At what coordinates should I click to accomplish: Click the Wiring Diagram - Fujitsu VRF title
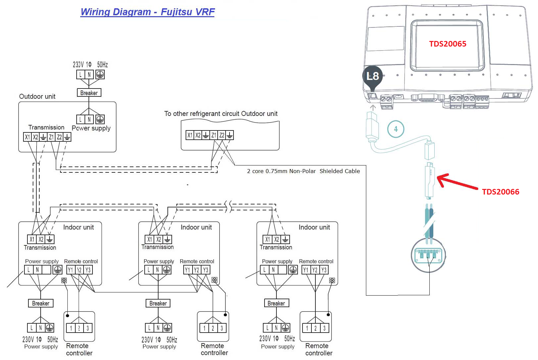pos(147,12)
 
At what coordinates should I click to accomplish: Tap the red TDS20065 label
pos(448,44)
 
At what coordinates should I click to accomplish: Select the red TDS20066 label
pos(500,192)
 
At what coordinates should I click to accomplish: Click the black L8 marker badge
pos(373,76)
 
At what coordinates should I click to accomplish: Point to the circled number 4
pos(396,129)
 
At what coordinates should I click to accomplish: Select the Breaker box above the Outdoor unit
pos(89,93)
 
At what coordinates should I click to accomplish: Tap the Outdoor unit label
pos(37,96)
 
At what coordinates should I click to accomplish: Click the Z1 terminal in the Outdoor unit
pos(51,137)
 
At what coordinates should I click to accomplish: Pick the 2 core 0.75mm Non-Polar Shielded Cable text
pos(303,171)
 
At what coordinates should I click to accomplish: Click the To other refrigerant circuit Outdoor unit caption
pos(221,114)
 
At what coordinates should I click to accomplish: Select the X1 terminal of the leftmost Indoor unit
pos(32,239)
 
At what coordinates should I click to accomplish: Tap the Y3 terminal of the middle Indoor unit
pos(205,270)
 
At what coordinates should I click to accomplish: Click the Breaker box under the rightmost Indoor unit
pos(276,303)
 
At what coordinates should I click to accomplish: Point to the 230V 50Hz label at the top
pos(90,65)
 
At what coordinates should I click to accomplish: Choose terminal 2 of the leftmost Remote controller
pos(79,328)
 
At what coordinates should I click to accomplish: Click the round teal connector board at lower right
pos(428,255)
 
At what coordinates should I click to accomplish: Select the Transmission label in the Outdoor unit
pos(46,127)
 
